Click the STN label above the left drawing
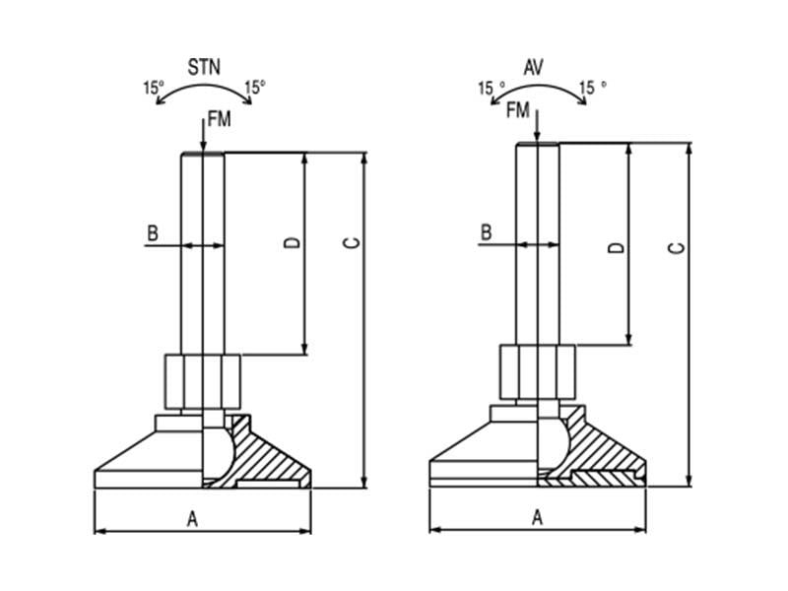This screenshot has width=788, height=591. pyautogui.click(x=204, y=68)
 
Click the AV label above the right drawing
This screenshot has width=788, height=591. pyautogui.click(x=534, y=68)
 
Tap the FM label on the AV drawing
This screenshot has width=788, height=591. pyautogui.click(x=518, y=110)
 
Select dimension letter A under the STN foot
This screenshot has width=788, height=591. pyautogui.click(x=193, y=519)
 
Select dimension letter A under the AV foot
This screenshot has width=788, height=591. pyautogui.click(x=538, y=517)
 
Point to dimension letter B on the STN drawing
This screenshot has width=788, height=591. pyautogui.click(x=153, y=233)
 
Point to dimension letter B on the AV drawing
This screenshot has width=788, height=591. pyautogui.click(x=487, y=232)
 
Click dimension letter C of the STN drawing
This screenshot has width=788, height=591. pyautogui.click(x=355, y=242)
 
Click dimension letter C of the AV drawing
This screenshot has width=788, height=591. pyautogui.click(x=677, y=247)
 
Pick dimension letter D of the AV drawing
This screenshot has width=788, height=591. pyautogui.click(x=618, y=246)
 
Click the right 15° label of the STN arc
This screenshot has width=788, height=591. pyautogui.click(x=255, y=88)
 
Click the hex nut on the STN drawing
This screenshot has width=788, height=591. pyautogui.click(x=201, y=380)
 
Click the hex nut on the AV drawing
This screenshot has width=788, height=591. pyautogui.click(x=537, y=370)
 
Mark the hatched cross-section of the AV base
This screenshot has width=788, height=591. pyautogui.click(x=601, y=455)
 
